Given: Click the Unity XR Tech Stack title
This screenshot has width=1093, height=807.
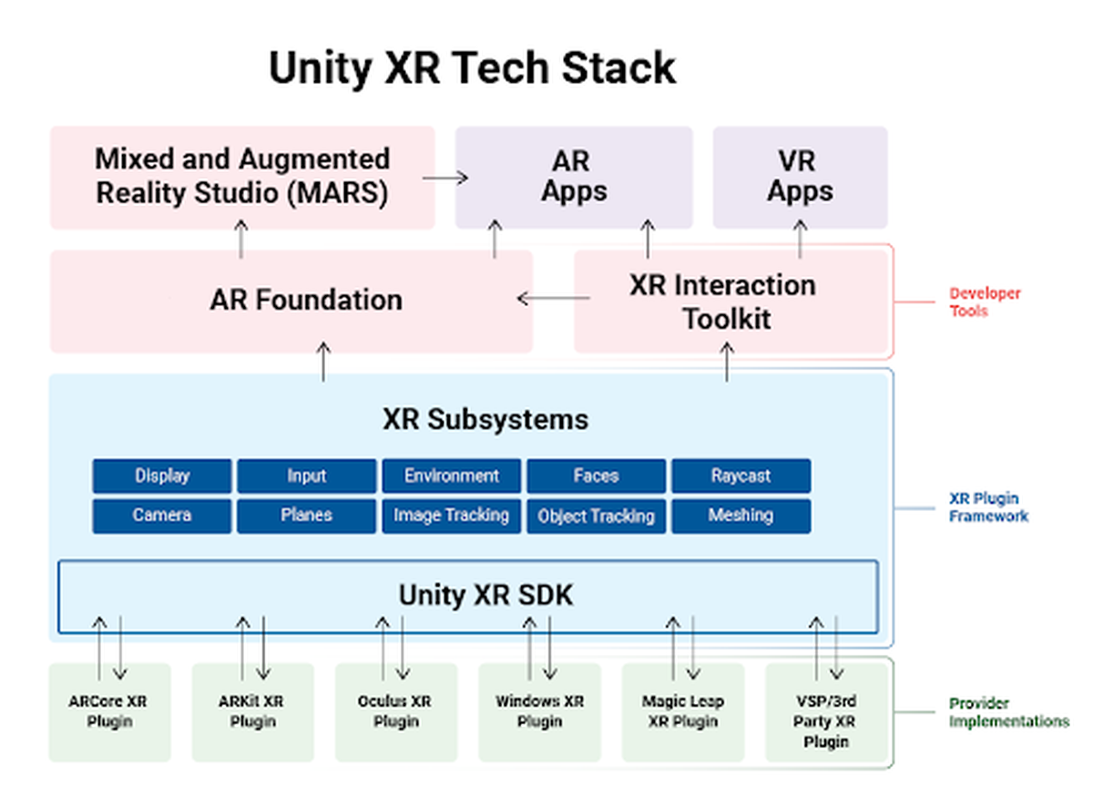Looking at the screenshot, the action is (472, 68).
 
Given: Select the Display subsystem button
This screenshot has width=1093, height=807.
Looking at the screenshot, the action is (161, 475).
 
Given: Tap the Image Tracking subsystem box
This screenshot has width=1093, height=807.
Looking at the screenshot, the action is (451, 516).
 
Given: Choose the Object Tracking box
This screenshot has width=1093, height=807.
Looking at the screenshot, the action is (596, 516).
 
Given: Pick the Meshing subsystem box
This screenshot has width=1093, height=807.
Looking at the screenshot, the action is (741, 516).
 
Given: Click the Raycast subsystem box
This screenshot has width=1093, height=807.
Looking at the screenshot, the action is (741, 475).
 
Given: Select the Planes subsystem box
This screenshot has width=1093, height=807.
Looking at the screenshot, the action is (306, 516).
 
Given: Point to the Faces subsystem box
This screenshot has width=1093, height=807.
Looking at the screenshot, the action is (596, 475).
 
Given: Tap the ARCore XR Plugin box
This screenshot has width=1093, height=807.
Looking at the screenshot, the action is (109, 712).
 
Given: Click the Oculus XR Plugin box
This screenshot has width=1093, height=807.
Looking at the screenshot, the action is (395, 712).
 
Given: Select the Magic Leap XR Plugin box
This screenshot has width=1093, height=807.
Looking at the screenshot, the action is (682, 712).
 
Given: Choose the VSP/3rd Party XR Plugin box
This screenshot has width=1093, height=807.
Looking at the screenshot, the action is (826, 712).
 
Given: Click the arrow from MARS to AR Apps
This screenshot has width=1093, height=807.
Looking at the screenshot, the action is (445, 178).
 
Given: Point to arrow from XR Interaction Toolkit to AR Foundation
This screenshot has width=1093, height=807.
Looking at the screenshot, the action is (553, 298).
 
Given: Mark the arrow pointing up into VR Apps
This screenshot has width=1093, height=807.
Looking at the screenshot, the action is (800, 239).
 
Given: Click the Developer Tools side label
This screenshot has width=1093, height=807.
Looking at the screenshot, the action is (984, 302).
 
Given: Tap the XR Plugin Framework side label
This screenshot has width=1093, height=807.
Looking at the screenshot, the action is (988, 507).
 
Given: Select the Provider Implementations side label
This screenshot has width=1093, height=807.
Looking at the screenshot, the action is (1008, 712).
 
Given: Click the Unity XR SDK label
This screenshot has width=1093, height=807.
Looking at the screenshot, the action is (485, 595).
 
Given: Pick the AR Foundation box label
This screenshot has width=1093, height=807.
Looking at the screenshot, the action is (306, 300).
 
